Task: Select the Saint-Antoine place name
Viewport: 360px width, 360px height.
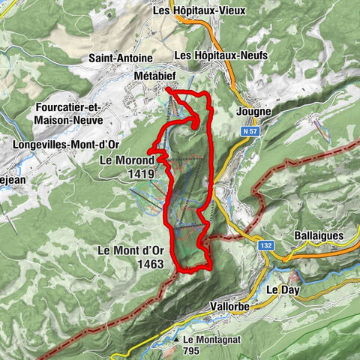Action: (x=121, y=58)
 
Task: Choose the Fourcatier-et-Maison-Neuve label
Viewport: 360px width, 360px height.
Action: (x=72, y=112)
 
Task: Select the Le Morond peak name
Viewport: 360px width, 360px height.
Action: (x=126, y=160)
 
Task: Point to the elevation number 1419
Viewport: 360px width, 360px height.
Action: (x=140, y=173)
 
